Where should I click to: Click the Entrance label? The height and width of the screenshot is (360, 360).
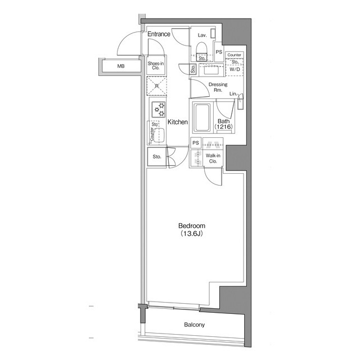[159, 34]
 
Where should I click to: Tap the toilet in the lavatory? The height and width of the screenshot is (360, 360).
[201, 48]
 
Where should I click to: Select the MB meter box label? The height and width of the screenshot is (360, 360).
[121, 66]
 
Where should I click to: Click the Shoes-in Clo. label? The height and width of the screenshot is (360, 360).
[156, 65]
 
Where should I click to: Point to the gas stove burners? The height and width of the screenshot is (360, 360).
[159, 110]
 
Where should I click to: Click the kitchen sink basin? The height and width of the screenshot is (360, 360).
[159, 135]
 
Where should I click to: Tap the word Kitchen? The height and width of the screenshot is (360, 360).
[178, 122]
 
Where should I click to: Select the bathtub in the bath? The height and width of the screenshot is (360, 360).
[202, 118]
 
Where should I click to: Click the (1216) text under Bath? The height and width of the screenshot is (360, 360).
[224, 126]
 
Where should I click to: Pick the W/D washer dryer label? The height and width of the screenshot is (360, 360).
[235, 69]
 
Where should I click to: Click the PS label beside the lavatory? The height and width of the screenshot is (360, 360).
[219, 52]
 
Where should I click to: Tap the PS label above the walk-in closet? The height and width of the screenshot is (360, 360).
[196, 143]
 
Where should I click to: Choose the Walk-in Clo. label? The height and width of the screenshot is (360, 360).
[213, 159]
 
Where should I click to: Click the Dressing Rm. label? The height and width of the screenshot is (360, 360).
[218, 87]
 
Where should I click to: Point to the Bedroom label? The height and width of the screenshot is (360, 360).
[192, 226]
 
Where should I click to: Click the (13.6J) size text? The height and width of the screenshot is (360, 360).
[192, 234]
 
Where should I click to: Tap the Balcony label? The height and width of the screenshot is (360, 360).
[194, 325]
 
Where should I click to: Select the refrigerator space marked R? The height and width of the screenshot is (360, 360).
[157, 86]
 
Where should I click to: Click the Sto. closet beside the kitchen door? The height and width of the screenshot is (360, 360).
[157, 157]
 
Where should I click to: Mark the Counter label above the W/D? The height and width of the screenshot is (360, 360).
[234, 55]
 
